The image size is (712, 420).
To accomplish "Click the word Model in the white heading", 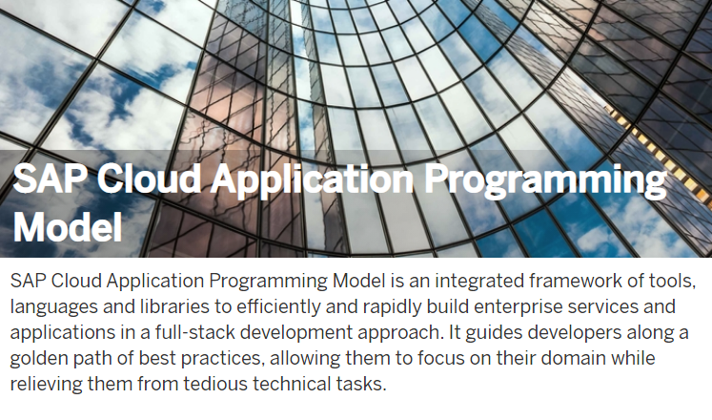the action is [x=68, y=226].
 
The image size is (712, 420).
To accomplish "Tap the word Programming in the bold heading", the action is [x=545, y=179].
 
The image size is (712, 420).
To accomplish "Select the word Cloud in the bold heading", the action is [x=149, y=178].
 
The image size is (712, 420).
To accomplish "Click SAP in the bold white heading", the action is [x=50, y=178].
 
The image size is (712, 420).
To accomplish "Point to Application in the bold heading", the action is [x=312, y=179].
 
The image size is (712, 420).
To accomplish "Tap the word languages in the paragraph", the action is [x=54, y=307].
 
